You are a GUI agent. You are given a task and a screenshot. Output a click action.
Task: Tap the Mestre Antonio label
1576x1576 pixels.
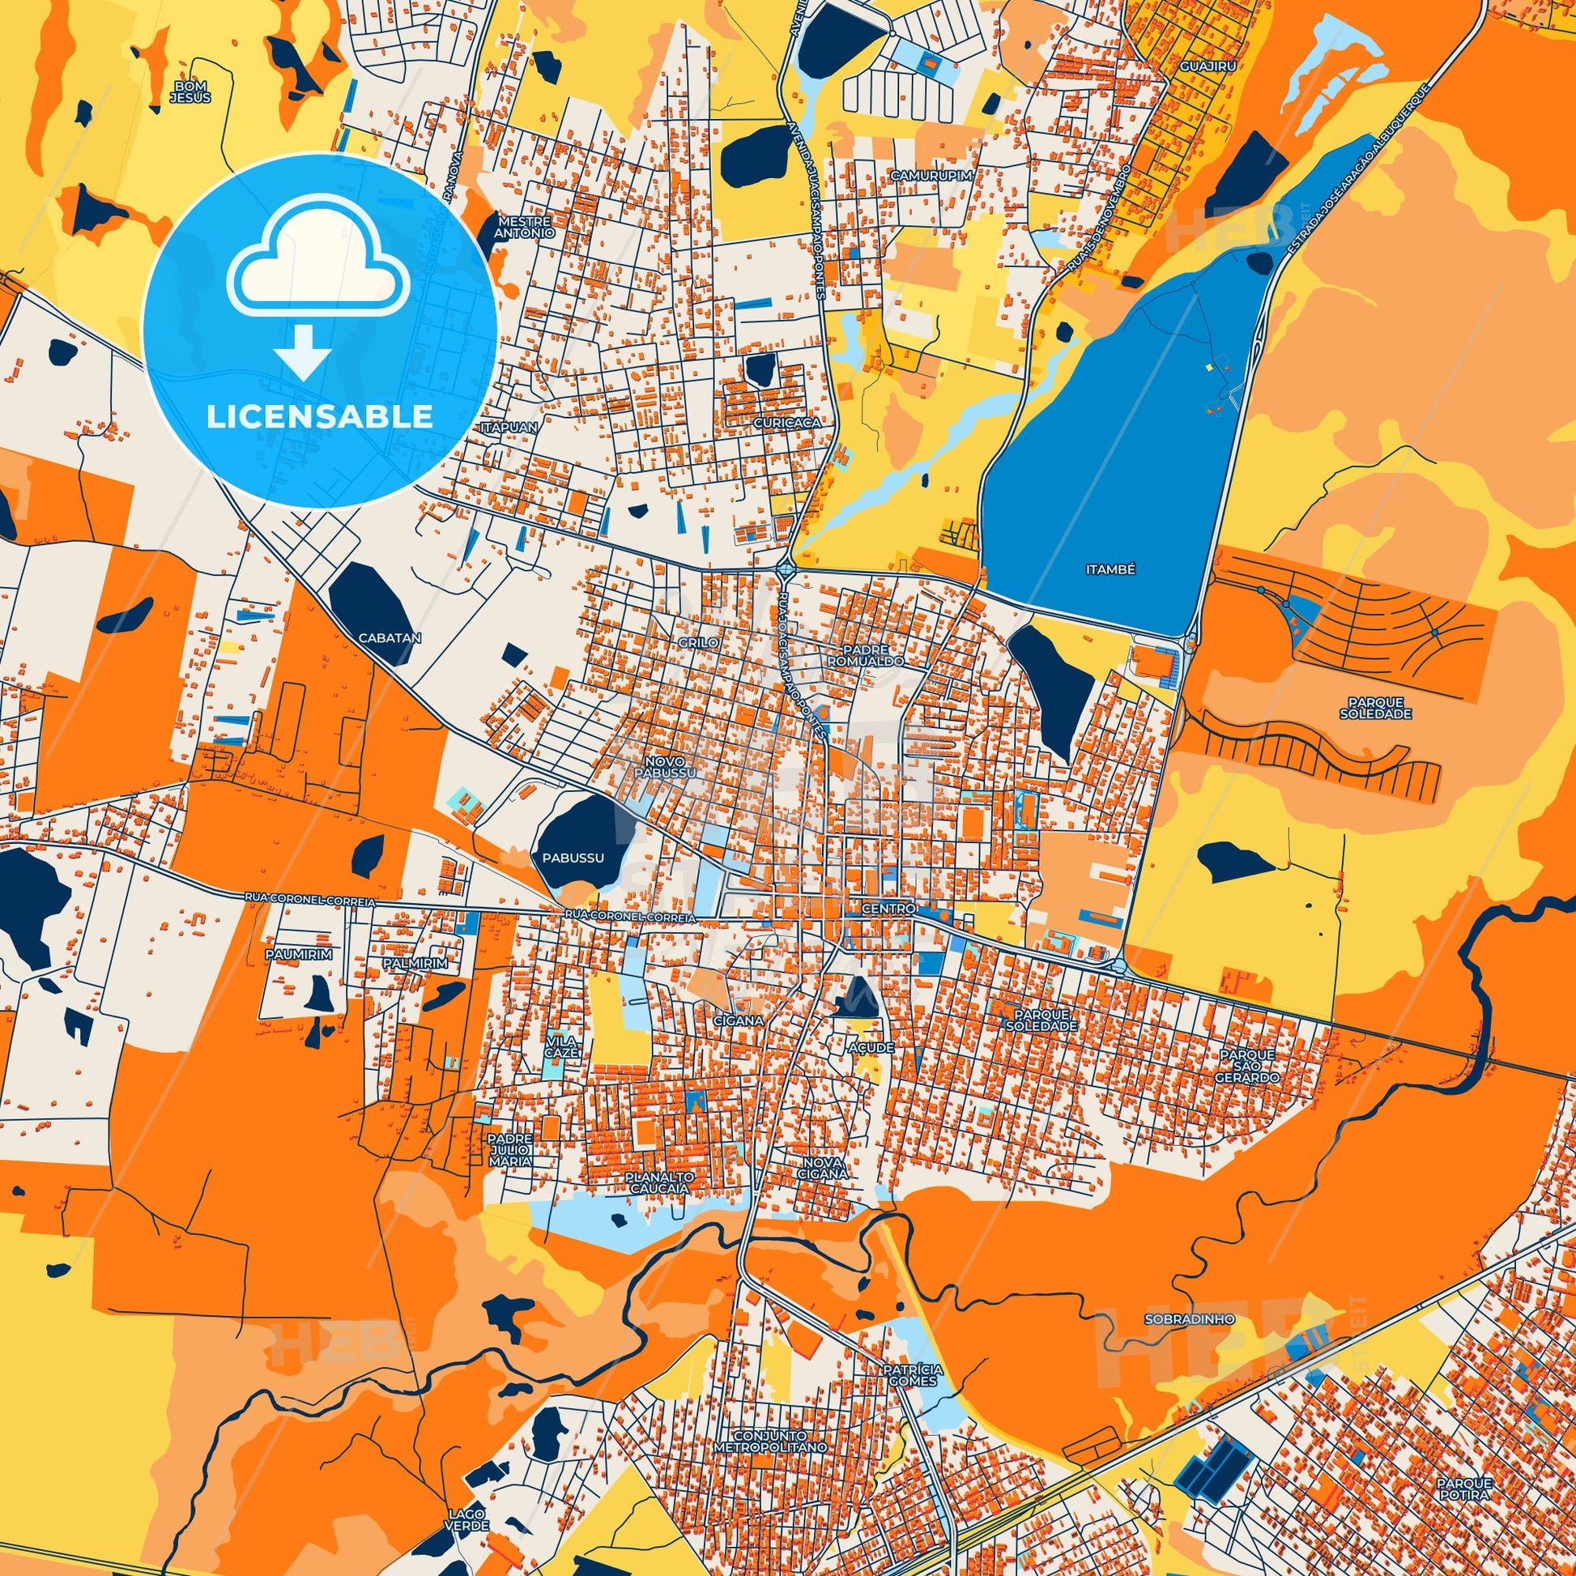(526, 227)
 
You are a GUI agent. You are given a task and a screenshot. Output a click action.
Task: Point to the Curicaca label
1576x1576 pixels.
(786, 424)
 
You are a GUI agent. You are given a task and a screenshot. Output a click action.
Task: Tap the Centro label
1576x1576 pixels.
(888, 909)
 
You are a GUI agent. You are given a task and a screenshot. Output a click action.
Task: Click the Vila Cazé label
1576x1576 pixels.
(563, 1046)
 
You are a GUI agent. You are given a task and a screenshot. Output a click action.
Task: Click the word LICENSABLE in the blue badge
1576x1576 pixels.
(320, 417)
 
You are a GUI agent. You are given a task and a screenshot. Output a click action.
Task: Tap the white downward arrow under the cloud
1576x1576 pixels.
(303, 351)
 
